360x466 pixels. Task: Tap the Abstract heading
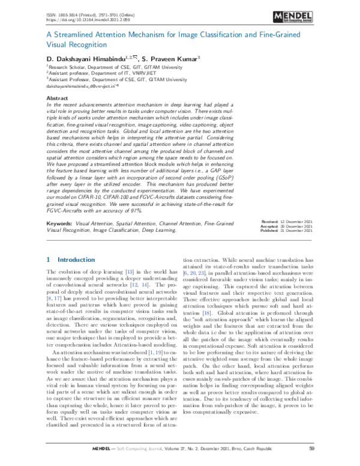pos(57,97)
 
